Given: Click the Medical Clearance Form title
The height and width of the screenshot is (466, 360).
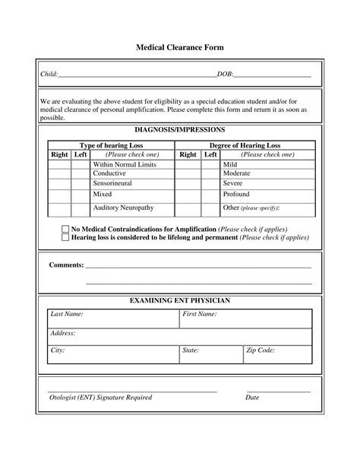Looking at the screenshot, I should point(180,47).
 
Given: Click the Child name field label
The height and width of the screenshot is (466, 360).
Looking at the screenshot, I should point(49,74).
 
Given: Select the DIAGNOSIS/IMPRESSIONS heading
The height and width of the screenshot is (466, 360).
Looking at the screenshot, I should point(179,130).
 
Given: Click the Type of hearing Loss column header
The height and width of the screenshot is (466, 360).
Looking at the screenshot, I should point(111,145).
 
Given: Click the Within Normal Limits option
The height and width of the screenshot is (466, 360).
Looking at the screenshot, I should point(125,163).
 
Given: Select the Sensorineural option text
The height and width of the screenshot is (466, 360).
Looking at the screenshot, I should point(114,183).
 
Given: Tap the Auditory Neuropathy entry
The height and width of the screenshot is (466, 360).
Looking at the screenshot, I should point(123,207).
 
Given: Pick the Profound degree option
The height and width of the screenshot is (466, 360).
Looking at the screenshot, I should point(237,194).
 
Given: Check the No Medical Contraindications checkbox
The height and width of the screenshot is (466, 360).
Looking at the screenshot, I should point(65,229).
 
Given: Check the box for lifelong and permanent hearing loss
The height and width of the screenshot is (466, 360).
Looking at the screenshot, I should point(65,237).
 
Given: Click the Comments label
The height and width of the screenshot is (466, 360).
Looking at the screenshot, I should point(67,265).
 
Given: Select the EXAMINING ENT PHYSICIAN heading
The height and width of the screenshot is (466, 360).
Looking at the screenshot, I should point(180,301).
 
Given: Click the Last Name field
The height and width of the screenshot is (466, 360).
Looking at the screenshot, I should point(112,318).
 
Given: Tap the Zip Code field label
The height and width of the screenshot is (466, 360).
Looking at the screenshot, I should point(261,350).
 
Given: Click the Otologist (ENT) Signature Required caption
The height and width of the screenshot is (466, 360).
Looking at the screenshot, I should point(100,397).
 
